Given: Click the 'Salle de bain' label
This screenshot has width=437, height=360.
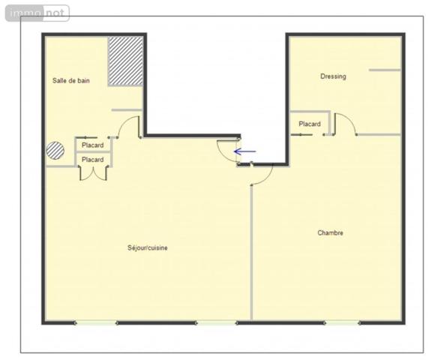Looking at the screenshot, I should tap(71, 80).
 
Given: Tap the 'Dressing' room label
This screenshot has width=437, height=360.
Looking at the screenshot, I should tap(333, 76).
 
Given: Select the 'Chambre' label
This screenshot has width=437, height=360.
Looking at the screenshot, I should tap(330, 232).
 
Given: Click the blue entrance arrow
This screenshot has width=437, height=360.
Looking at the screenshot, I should tap(245, 151).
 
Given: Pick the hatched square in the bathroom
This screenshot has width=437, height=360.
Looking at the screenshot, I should tap(125, 61).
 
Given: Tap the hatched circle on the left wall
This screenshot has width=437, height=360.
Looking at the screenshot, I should tap(55, 150).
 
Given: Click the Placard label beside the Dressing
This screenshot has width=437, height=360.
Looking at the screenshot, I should tap(310, 124).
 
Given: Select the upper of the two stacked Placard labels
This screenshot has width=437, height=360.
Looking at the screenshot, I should tap(93, 145).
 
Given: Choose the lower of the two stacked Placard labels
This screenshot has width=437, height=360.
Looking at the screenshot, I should tap(93, 160).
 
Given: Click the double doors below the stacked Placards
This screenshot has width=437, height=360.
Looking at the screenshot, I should tap(94, 173).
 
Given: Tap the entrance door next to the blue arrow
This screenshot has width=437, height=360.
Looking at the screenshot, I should tap(226, 150).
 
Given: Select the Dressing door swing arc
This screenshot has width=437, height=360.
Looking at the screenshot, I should tap(344, 124).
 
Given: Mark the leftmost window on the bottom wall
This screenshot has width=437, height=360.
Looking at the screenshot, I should tap(96, 322).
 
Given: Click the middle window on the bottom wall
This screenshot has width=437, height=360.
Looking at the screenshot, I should tap(216, 322).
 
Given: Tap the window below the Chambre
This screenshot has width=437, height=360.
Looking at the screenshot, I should tap(343, 322).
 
